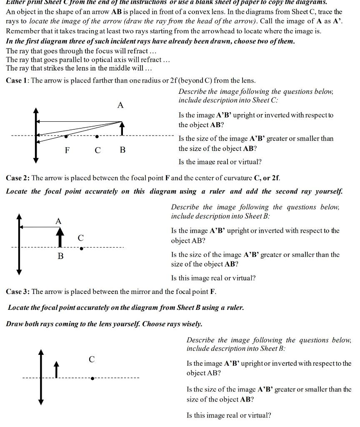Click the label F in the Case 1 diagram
(x=67, y=150)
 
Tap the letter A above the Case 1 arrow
(x=120, y=105)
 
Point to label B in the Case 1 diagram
(x=122, y=150)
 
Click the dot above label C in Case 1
(x=97, y=136)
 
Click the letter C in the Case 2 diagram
(x=81, y=238)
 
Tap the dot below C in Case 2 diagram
(x=81, y=249)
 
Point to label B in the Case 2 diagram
(x=60, y=256)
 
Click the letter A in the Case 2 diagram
(x=59, y=221)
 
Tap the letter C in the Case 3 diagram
(x=92, y=359)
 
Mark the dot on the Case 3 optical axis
(x=92, y=378)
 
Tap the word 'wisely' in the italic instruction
(x=190, y=324)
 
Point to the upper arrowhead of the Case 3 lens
(x=41, y=352)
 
